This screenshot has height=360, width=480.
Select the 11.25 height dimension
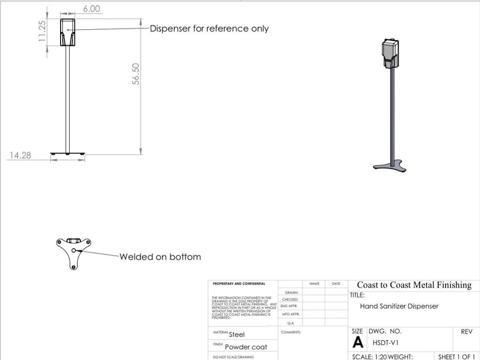42,32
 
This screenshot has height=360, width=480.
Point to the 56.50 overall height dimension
136,74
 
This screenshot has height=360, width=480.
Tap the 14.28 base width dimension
20,156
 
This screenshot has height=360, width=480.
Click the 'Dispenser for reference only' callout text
209,29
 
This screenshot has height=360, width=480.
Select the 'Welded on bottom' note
160,257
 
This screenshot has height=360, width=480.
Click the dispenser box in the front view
68,32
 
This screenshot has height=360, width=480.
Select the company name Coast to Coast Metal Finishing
414,285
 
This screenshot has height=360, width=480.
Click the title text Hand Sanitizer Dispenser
399,306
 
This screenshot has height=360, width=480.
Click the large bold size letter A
357,343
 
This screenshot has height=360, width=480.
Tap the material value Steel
237,335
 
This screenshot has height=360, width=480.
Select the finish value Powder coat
246,347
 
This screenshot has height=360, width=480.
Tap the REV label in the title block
466,332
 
